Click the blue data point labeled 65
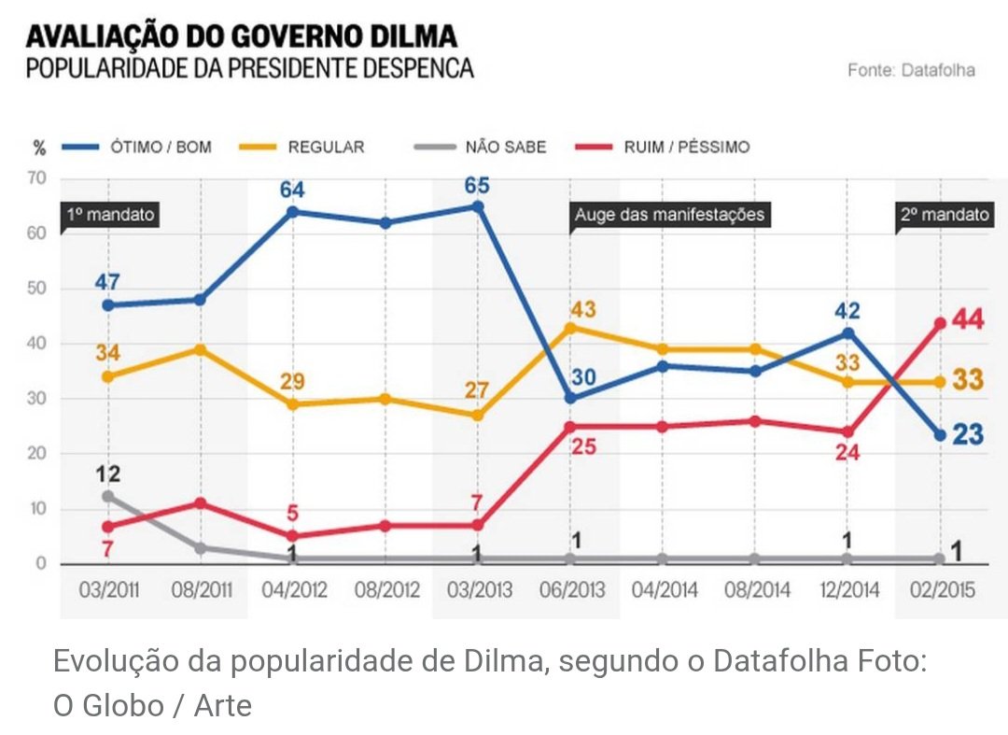point(477,206)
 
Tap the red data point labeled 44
point(940,323)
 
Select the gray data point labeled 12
point(107,497)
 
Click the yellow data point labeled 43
point(569,327)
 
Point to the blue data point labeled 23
point(940,435)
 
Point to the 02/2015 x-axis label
point(940,590)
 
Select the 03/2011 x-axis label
point(107,590)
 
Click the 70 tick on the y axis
point(37,178)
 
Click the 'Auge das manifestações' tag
point(668,215)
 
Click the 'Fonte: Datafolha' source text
point(911,70)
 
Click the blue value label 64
point(292,190)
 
